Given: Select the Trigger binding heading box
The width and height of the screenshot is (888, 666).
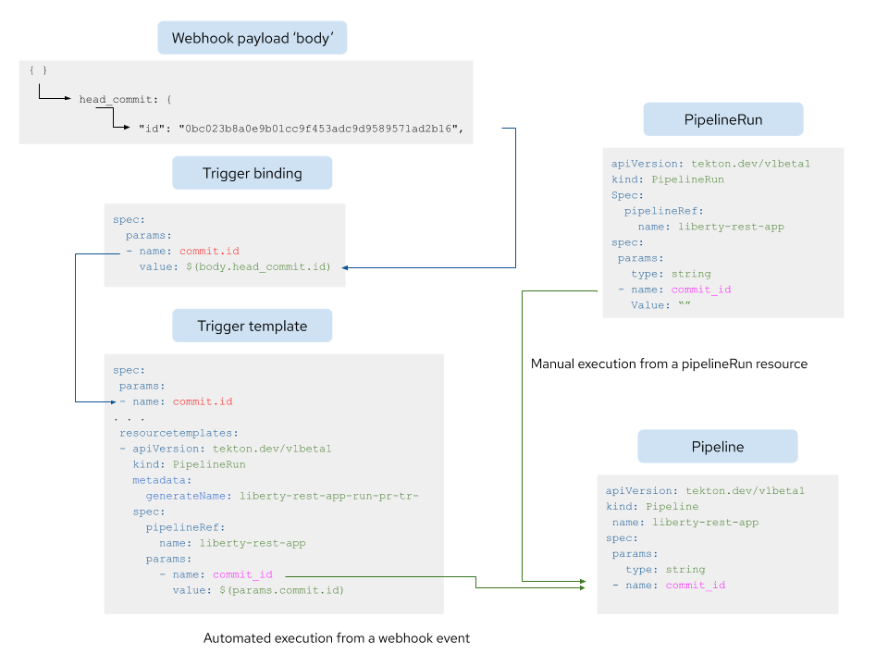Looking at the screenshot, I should click(252, 173).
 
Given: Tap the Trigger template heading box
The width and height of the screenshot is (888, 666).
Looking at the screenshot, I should click(252, 326).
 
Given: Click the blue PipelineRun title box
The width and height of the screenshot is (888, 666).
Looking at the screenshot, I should click(722, 120).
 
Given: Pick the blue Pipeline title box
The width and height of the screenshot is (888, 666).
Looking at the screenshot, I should click(717, 447).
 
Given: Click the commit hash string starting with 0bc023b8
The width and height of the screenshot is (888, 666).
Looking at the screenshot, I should click(320, 129).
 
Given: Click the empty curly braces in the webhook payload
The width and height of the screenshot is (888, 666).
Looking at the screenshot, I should click(38, 70).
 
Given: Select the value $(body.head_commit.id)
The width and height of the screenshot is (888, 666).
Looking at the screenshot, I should click(258, 266).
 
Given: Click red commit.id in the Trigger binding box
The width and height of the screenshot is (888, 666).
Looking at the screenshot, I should click(209, 251).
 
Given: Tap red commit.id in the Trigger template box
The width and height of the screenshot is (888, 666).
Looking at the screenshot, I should click(203, 401).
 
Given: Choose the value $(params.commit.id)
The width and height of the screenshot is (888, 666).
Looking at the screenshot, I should click(281, 590).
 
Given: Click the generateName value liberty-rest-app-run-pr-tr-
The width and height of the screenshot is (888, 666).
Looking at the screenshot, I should click(328, 496).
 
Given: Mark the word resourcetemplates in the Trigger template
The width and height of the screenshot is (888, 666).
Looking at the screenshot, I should click(179, 433).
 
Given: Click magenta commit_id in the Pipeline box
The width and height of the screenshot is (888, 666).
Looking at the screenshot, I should click(695, 585).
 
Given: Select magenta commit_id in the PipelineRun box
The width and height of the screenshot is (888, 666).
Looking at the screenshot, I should click(701, 290).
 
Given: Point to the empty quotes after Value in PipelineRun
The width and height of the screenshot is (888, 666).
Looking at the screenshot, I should click(684, 305).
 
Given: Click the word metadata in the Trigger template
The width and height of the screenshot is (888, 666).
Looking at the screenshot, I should click(162, 480).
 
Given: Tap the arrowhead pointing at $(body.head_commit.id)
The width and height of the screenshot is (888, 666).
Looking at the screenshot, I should click(345, 267).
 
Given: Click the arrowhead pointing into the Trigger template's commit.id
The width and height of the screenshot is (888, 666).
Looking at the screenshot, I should click(113, 402).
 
